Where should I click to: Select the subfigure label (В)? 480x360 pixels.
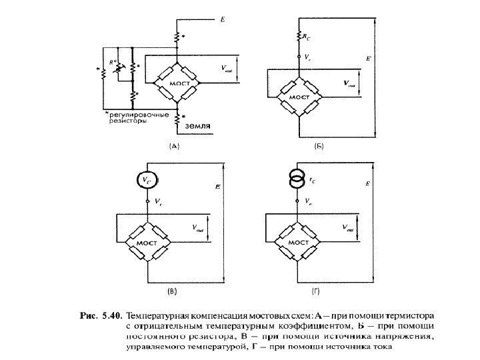(x=172, y=291)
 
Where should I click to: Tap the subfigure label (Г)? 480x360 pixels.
(x=315, y=291)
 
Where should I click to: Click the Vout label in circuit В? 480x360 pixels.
(x=198, y=227)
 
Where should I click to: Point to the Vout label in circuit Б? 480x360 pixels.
(x=347, y=84)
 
